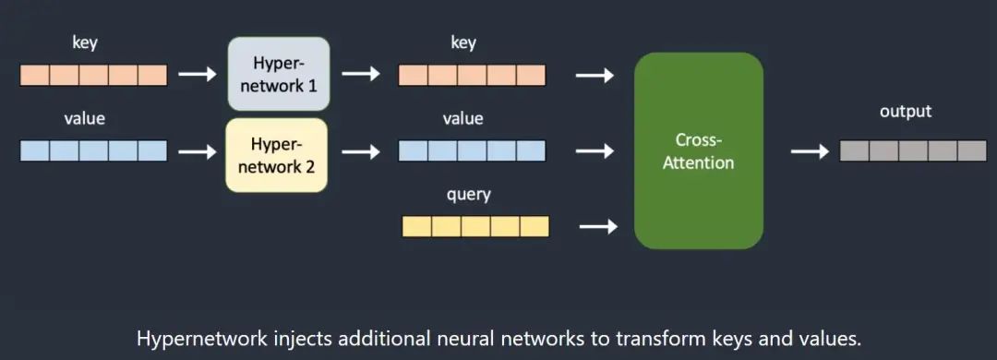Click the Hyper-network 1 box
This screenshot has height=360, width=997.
(x=278, y=74)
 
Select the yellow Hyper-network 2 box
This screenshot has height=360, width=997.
(x=277, y=154)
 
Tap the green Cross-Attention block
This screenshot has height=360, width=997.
(x=699, y=150)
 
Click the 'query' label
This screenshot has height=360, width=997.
(x=470, y=195)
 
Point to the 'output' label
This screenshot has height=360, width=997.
(x=906, y=112)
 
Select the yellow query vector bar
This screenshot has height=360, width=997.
(x=475, y=226)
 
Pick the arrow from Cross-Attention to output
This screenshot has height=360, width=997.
(x=811, y=150)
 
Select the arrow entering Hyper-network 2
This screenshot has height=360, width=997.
(x=197, y=150)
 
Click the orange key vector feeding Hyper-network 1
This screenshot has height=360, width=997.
(x=93, y=75)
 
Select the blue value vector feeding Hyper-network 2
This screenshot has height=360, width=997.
(x=93, y=150)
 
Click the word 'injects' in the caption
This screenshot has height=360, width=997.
(x=300, y=339)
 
